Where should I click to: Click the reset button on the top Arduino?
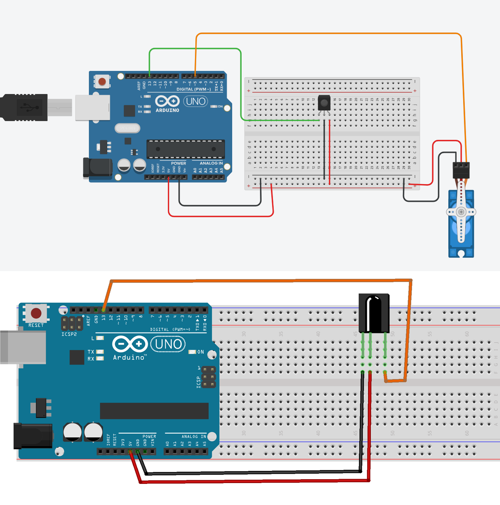pyautogui.click(x=102, y=81)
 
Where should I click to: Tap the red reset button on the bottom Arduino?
pyautogui.click(x=36, y=313)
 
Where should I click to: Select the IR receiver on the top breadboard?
pyautogui.click(x=324, y=103)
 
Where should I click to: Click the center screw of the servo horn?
pyautogui.click(x=461, y=212)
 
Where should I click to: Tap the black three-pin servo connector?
pyautogui.click(x=461, y=170)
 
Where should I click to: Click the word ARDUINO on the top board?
pyautogui.click(x=167, y=110)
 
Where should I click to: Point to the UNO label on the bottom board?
pyautogui.click(x=168, y=344)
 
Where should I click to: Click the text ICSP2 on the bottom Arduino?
pyautogui.click(x=69, y=334)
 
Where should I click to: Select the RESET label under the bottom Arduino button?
pyautogui.click(x=36, y=326)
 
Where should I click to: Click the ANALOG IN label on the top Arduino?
pyautogui.click(x=211, y=163)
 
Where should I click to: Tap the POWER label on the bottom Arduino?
pyautogui.click(x=149, y=436)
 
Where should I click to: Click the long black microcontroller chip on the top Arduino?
pyautogui.click(x=186, y=149)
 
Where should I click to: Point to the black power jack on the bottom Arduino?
pyautogui.click(x=33, y=435)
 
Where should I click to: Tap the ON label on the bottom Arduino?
pyautogui.click(x=200, y=352)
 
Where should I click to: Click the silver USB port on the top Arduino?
pyautogui.click(x=92, y=107)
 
